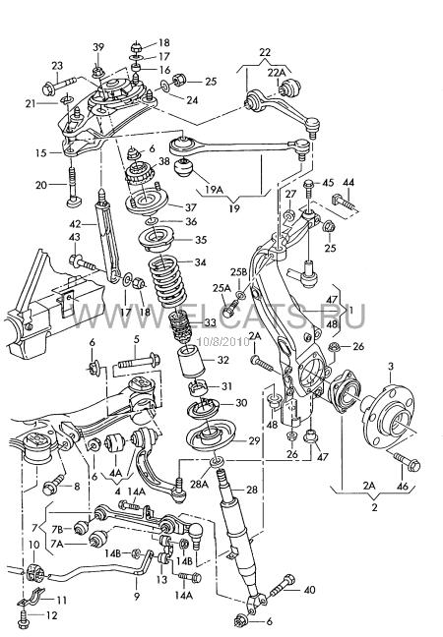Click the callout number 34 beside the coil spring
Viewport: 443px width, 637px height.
pyautogui.click(x=200, y=262)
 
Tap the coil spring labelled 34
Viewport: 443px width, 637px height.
pyautogui.click(x=166, y=281)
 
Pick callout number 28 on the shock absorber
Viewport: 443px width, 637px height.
pyautogui.click(x=252, y=490)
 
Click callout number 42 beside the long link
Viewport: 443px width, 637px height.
pyautogui.click(x=76, y=223)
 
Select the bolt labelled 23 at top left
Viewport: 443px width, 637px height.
pyautogui.click(x=60, y=84)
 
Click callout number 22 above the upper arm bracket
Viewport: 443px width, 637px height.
pyautogui.click(x=265, y=52)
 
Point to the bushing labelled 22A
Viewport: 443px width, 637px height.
pyautogui.click(x=289, y=87)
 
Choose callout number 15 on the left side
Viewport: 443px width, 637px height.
pyautogui.click(x=40, y=153)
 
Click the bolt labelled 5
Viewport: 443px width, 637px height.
pyautogui.click(x=139, y=360)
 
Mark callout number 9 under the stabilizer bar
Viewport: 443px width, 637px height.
pyautogui.click(x=137, y=597)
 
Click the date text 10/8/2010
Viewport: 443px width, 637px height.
pyautogui.click(x=222, y=342)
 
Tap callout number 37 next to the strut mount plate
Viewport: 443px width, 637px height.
pyautogui.click(x=190, y=207)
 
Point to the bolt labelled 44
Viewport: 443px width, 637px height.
pyautogui.click(x=345, y=203)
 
